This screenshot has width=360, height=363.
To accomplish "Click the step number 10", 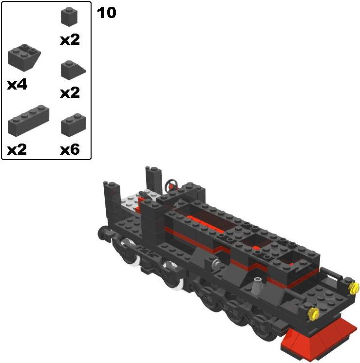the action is (106, 13).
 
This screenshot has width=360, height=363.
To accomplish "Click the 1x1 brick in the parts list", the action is (69, 17).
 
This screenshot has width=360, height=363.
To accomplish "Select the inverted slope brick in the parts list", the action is (24, 57).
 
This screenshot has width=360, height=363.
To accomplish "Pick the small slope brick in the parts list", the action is (73, 70).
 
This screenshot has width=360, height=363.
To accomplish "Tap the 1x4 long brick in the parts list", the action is (28, 120).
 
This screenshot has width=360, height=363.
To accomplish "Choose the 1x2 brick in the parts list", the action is (73, 124).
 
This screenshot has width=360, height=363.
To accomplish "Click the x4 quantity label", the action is (17, 85).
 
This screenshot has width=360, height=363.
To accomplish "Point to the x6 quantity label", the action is (70, 149).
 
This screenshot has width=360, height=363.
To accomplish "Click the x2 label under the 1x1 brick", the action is (70, 40).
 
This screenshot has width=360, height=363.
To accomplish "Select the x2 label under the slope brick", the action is (70, 92).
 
